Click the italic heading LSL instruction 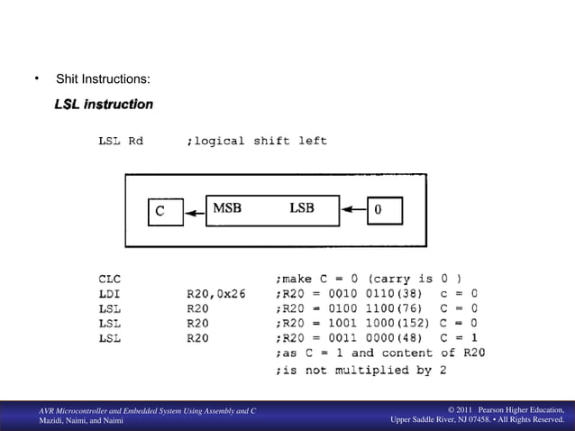[104, 105]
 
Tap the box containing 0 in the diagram [382, 211]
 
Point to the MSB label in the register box [226, 208]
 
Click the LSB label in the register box [301, 208]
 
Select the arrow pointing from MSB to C [195, 213]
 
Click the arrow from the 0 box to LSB [354, 213]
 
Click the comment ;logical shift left [257, 141]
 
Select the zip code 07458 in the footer [479, 420]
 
